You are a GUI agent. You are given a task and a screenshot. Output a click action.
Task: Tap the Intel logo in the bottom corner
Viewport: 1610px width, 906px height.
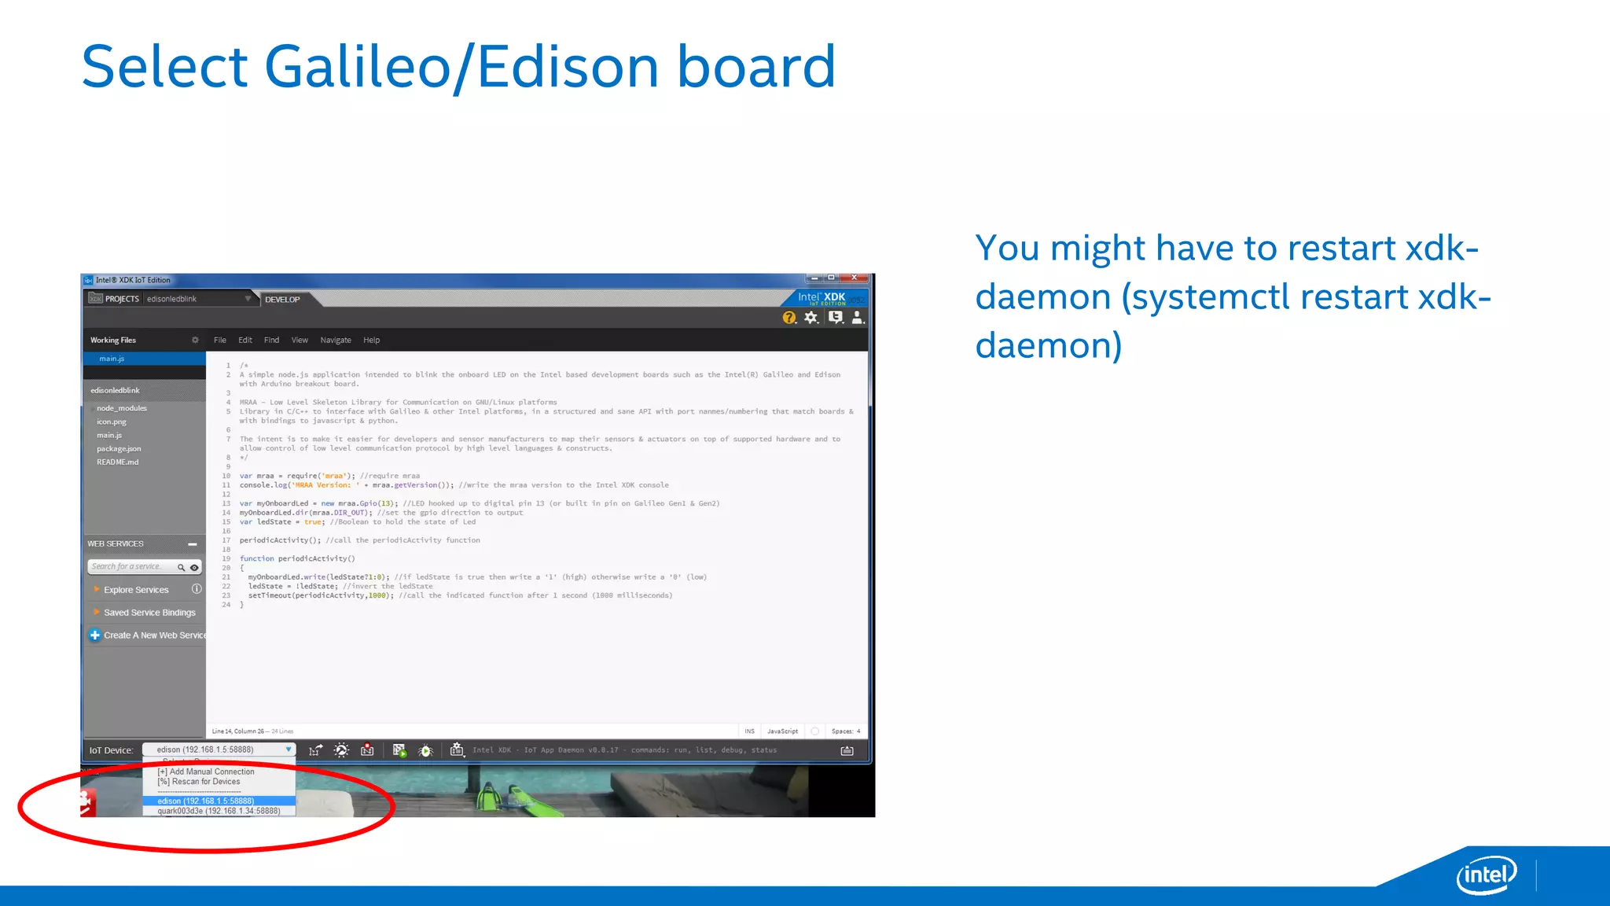[x=1486, y=875]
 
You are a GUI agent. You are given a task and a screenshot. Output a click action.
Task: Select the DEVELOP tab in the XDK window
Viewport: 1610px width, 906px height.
[x=282, y=300]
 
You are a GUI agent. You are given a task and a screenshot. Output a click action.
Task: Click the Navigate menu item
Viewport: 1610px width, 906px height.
[x=336, y=341]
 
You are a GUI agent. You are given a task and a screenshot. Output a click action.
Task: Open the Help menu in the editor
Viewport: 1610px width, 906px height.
[x=371, y=341]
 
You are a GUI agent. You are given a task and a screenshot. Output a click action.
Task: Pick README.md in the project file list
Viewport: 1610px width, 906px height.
[x=117, y=462]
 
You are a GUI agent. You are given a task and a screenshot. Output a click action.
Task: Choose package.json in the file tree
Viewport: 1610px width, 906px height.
[x=119, y=449]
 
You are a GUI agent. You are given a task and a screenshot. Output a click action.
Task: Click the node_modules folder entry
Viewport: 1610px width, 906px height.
[x=122, y=408]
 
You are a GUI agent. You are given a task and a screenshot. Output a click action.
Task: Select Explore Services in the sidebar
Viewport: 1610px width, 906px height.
[x=136, y=590]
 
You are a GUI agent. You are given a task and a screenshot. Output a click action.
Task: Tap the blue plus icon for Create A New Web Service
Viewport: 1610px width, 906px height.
[x=95, y=635]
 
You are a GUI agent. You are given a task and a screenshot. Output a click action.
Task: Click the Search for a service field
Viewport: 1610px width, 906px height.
[x=130, y=567]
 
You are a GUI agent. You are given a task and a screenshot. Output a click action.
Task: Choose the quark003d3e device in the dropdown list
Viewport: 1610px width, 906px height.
[x=219, y=811]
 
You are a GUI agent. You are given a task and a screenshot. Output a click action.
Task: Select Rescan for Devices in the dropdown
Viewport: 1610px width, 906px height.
[x=202, y=782]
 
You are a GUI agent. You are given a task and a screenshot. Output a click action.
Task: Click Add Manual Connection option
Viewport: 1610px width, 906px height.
[x=208, y=772]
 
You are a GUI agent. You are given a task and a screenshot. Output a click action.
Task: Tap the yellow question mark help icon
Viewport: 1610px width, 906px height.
[x=788, y=318]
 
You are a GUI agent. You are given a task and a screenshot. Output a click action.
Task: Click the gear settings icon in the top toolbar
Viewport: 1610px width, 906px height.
[x=811, y=318]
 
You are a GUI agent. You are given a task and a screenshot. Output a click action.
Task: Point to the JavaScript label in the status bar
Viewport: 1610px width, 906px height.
[x=782, y=731]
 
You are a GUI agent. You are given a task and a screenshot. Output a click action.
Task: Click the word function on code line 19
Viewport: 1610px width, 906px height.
[x=257, y=559]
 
